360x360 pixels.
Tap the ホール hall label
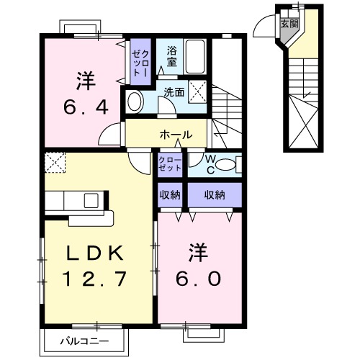pos(176,135)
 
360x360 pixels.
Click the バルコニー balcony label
pos(84,340)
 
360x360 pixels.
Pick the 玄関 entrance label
pos(289,24)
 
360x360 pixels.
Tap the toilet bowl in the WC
pos(225,165)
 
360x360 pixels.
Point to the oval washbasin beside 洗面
pos(135,100)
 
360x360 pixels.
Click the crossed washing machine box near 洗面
pos(199,91)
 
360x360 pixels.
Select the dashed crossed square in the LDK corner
pos(54,162)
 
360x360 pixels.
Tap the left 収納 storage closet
pos(171,194)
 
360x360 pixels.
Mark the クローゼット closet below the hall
pos(171,163)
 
